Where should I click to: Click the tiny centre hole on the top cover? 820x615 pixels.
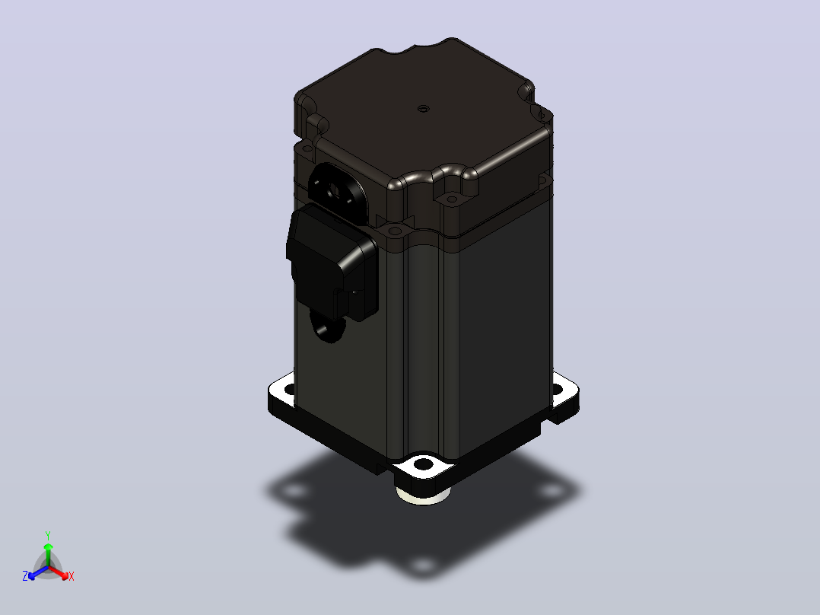tap(423, 109)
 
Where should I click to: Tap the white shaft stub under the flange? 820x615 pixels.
tap(423, 496)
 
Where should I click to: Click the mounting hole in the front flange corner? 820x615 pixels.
tap(423, 464)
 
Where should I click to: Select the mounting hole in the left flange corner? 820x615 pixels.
tap(288, 389)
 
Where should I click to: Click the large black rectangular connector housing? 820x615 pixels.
tap(332, 263)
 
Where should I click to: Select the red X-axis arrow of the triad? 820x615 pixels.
tap(59, 572)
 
